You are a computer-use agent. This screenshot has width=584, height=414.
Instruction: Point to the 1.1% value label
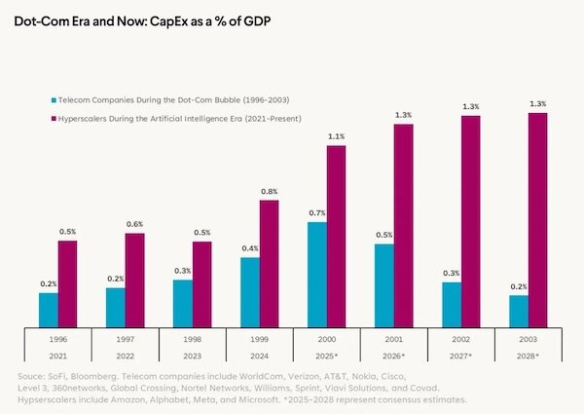pyautogui.click(x=336, y=136)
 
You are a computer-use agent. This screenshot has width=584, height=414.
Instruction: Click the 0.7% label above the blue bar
pyautogui.click(x=316, y=213)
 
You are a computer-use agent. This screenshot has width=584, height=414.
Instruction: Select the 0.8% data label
pyautogui.click(x=270, y=192)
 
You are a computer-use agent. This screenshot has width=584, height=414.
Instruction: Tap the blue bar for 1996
pyautogui.click(x=49, y=310)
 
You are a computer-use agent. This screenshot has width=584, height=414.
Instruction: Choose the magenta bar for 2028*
pyautogui.click(x=537, y=219)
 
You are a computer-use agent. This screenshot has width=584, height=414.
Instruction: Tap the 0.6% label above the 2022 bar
pyautogui.click(x=135, y=225)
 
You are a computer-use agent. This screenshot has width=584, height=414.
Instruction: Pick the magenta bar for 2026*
pyautogui.click(x=403, y=225)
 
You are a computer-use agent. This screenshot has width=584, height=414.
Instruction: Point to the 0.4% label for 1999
pyautogui.click(x=250, y=249)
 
